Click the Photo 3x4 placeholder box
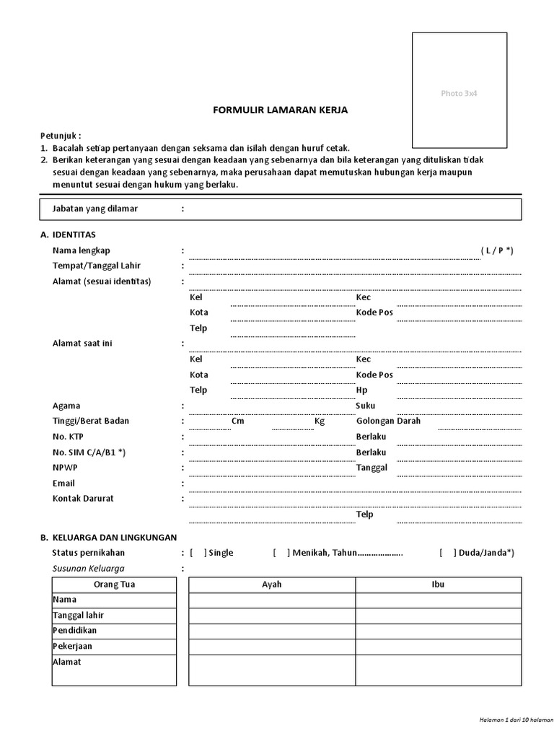(460, 90)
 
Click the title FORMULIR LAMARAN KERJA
(281, 110)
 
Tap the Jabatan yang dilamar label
(95, 209)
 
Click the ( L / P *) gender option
(497, 250)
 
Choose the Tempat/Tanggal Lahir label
(96, 266)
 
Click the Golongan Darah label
(388, 421)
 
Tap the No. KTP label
(69, 437)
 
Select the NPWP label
(65, 467)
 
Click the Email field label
(63, 483)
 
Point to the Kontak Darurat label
(83, 498)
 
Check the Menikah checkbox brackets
(281, 553)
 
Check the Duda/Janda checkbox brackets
(448, 553)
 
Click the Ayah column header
(271, 585)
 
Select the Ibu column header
(438, 585)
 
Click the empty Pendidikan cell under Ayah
(271, 631)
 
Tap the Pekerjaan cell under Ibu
(438, 646)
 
